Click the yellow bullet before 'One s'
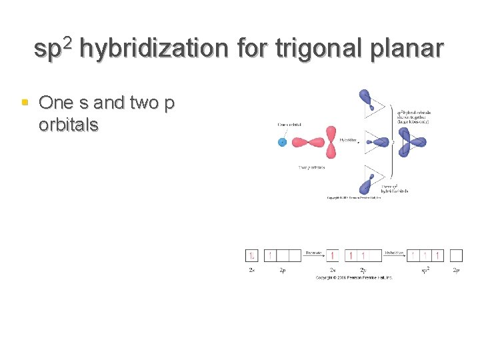coord(25,103)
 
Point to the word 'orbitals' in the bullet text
coord(69,125)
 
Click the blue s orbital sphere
coord(283,141)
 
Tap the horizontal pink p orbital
coord(307,141)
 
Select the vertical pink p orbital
coord(332,141)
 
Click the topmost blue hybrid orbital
coord(367,101)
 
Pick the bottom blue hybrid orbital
coord(366,184)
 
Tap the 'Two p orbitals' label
coord(311,167)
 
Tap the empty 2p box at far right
coord(456,255)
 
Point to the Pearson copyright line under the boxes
coord(354,277)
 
